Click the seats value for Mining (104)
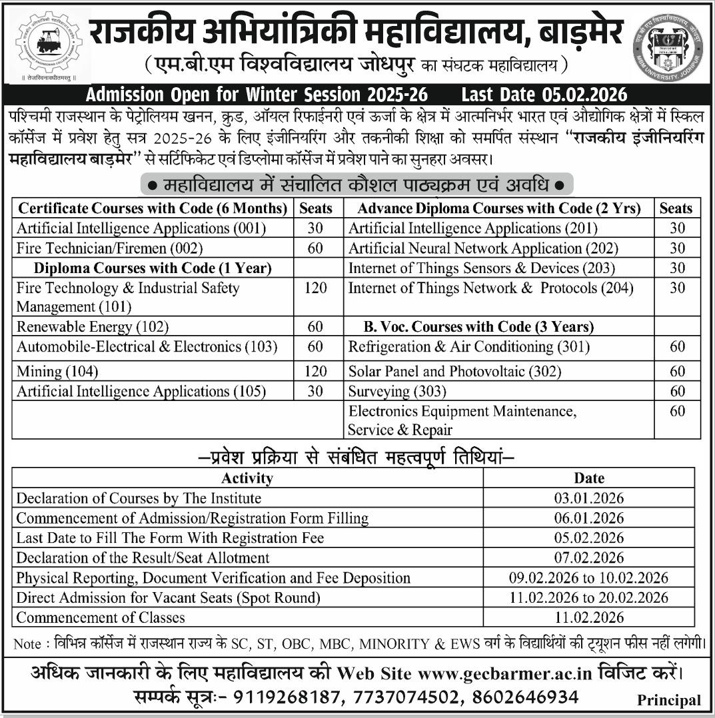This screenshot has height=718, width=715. [316, 371]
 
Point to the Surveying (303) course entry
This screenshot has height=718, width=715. [397, 391]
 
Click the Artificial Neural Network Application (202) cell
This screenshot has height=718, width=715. [483, 248]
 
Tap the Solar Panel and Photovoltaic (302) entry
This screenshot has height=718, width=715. [445, 371]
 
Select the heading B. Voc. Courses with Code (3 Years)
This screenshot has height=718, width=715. [478, 327]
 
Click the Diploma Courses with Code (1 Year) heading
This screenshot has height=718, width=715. [153, 268]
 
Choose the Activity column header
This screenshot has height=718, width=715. [247, 478]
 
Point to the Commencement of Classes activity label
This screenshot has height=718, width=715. [101, 617]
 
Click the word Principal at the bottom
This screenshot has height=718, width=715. [668, 700]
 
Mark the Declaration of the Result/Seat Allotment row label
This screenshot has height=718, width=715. [143, 557]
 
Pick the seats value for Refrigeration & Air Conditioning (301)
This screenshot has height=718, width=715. [677, 346]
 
